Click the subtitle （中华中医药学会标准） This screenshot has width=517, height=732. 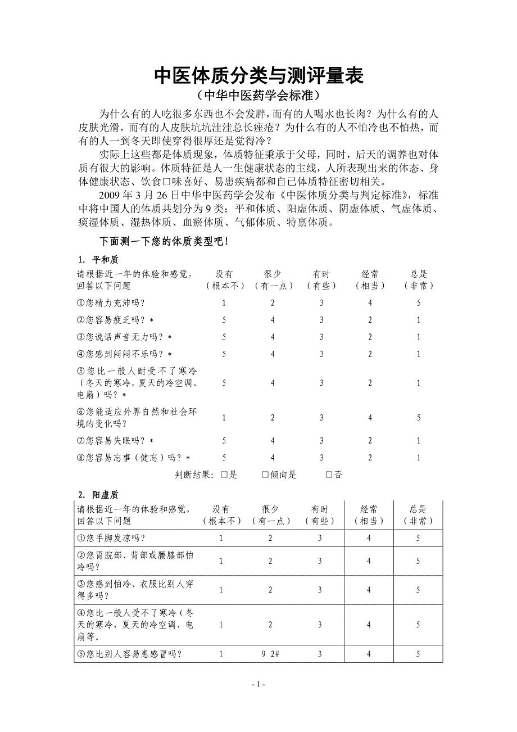[258, 94]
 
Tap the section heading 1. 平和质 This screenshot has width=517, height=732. [98, 259]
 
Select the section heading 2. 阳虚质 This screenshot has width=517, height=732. [98, 495]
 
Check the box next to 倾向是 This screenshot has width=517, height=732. [265, 475]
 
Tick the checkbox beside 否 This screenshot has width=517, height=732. [329, 475]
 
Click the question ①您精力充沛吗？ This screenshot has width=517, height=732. [111, 303]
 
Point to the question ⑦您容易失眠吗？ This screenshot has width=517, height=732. [115, 440]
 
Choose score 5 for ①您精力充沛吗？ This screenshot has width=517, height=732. [419, 303]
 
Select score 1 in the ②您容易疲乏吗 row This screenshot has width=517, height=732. [419, 320]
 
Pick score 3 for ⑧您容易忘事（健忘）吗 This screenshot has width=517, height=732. [322, 458]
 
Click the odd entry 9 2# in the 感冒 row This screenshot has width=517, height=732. [271, 654]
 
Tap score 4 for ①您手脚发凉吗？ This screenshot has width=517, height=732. [369, 538]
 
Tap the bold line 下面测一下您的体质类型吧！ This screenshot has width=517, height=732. [164, 242]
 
